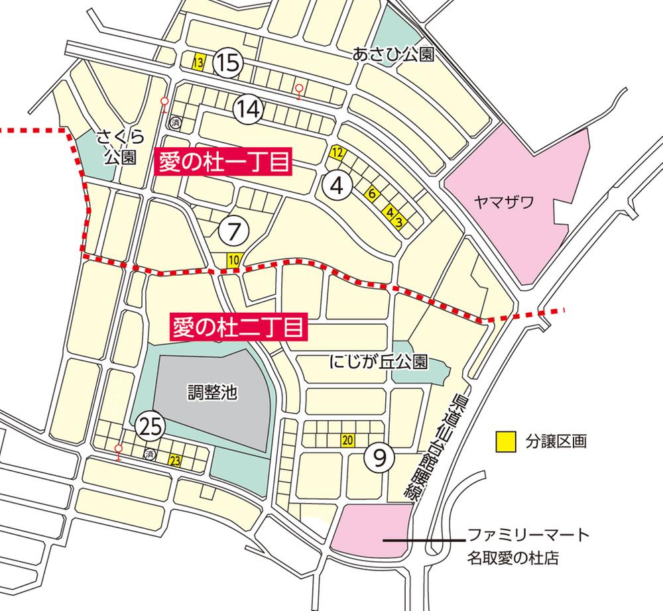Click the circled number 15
227,64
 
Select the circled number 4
337,186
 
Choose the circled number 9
379,457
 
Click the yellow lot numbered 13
198,63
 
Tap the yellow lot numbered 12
337,153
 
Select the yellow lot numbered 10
233,260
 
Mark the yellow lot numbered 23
175,461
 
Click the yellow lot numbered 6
371,194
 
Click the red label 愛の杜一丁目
223,163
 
